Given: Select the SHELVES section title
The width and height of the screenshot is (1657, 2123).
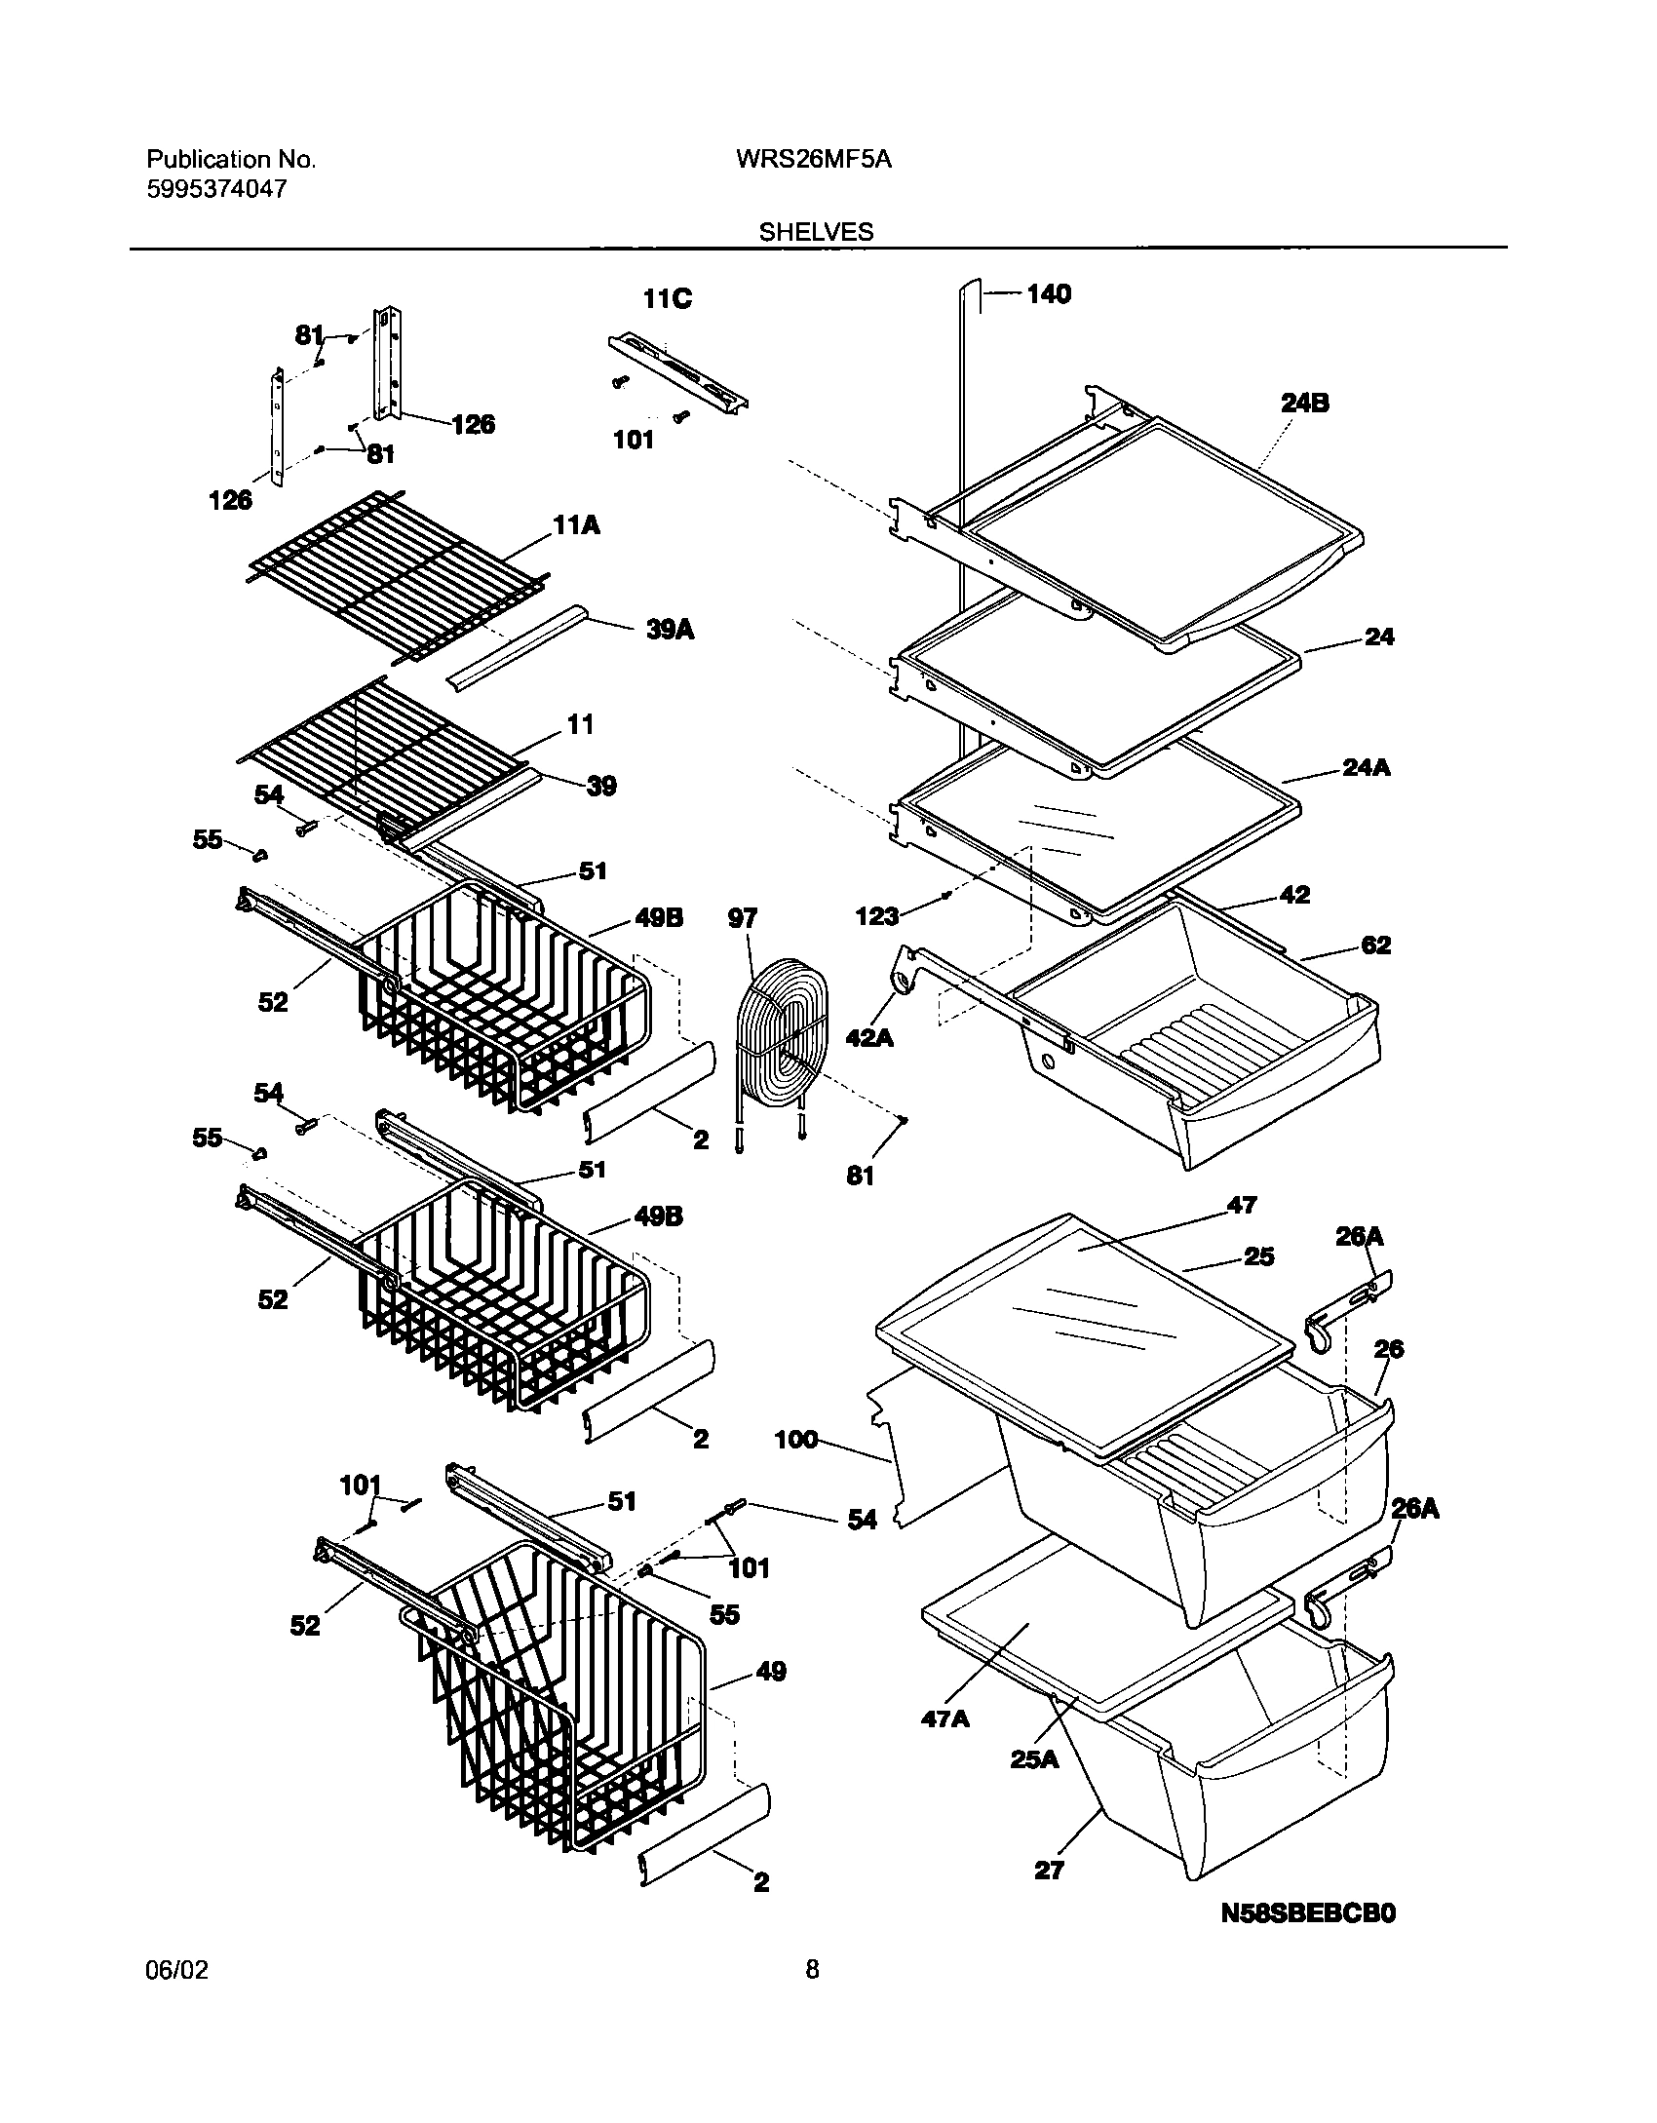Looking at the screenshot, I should click(816, 232).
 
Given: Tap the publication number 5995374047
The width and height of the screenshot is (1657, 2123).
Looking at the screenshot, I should click(216, 189).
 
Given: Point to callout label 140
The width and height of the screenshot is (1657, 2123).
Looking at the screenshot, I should click(1048, 293).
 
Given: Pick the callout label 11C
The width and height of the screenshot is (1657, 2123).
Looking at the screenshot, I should click(668, 298).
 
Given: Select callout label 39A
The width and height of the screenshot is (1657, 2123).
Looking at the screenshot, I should click(670, 631).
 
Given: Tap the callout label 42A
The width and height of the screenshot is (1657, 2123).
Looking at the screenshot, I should click(869, 1038).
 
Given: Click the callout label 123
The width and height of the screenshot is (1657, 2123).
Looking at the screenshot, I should click(877, 915).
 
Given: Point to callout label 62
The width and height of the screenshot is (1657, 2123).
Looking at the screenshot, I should click(1375, 945).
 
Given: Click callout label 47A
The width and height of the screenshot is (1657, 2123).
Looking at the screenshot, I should click(945, 1718).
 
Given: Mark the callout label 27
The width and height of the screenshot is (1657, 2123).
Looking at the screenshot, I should click(1049, 1870).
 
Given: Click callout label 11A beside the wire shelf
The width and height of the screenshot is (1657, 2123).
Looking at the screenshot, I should click(576, 526).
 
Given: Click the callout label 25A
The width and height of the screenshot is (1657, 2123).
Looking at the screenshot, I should click(1034, 1759).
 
